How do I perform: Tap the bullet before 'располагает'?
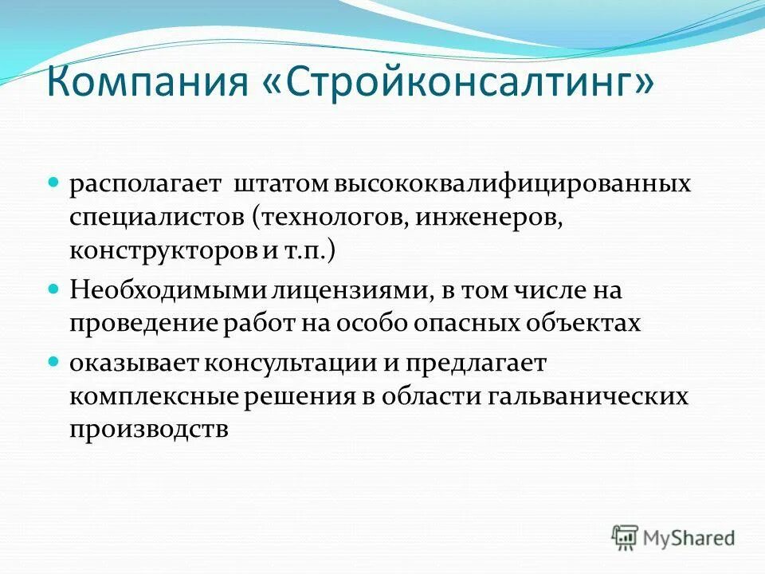(54, 183)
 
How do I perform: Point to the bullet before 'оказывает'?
(54, 361)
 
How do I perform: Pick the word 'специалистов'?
(157, 217)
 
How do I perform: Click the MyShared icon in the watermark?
(626, 537)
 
